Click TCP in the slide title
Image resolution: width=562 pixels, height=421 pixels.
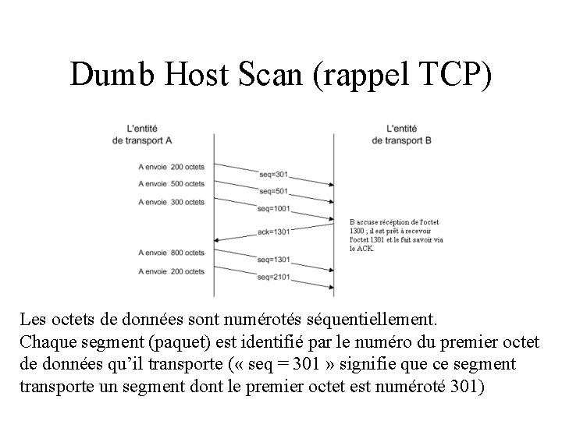click(456, 75)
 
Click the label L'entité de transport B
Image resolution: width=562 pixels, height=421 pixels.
click(403, 133)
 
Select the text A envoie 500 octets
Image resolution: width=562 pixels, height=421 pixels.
click(171, 184)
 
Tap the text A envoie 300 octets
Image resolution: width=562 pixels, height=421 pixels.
click(171, 202)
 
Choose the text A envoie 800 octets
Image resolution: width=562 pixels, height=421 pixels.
click(171, 253)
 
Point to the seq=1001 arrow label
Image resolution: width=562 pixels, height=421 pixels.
click(275, 208)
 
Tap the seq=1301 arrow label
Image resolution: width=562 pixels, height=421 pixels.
click(275, 260)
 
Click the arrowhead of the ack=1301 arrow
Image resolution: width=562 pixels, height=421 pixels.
click(218, 239)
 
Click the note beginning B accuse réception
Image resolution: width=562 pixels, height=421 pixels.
click(396, 235)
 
